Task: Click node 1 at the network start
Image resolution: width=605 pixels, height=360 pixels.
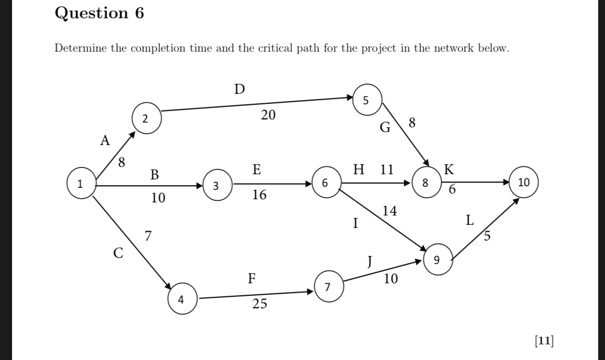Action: [80, 184]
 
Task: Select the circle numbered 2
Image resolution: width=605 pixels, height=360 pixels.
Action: [146, 118]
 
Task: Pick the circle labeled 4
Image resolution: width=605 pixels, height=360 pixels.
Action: [181, 299]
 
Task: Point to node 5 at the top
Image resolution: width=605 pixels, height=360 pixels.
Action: [366, 101]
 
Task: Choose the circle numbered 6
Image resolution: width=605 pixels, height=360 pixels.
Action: [325, 183]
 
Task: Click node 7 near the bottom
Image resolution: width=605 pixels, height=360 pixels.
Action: [328, 287]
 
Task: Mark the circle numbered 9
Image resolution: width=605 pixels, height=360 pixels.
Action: [437, 259]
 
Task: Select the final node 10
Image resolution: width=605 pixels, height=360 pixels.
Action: [524, 183]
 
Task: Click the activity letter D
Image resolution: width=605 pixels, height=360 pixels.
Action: [239, 90]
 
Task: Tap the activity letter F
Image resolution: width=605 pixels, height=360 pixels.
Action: [251, 278]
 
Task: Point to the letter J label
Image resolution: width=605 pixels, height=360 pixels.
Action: [369, 260]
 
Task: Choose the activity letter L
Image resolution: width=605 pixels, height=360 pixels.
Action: [470, 221]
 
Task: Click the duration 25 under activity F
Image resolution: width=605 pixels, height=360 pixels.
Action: [260, 304]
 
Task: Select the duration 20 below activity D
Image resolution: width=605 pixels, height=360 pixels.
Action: [268, 115]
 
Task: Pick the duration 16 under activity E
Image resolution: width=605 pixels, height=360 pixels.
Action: [259, 195]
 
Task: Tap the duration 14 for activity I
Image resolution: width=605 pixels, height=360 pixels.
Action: [390, 211]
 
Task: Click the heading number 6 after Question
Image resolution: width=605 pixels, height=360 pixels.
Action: [139, 13]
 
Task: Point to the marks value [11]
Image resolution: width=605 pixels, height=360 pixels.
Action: [544, 341]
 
